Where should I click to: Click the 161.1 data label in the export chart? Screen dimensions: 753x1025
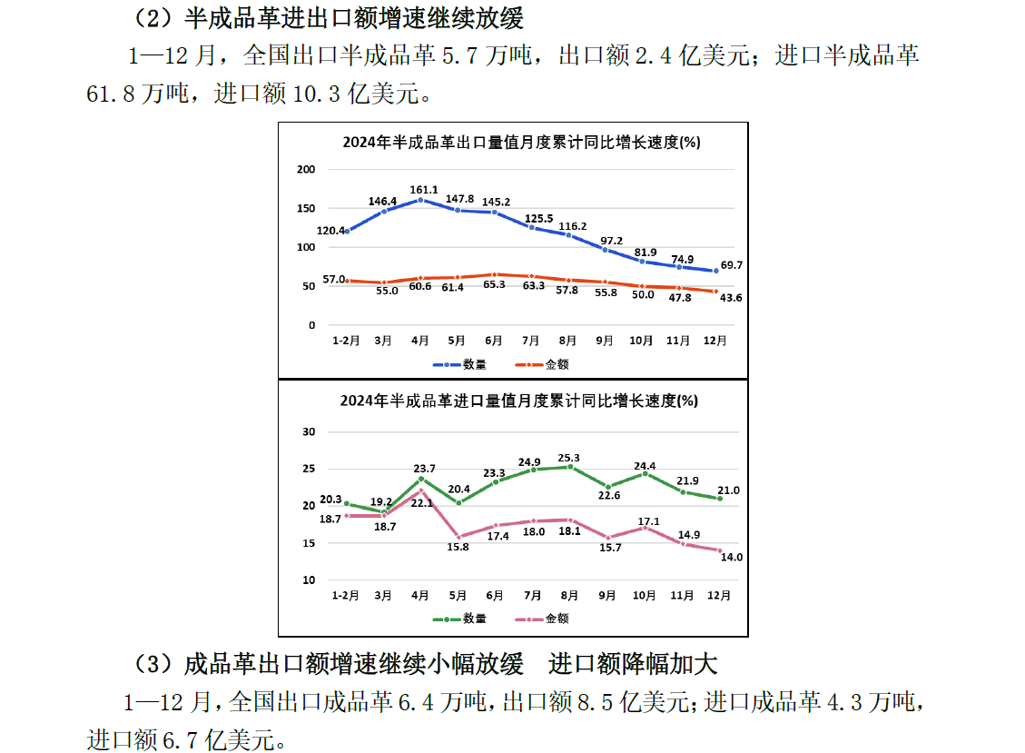[423, 190]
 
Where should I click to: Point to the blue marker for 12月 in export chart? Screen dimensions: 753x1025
[716, 271]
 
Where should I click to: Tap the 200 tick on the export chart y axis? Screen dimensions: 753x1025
[306, 170]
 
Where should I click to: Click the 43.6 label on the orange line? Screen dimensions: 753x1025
[731, 298]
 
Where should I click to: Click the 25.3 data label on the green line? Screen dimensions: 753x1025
[570, 458]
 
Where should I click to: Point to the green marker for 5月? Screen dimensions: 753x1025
[458, 503]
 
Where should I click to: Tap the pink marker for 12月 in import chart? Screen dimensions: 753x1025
[720, 550]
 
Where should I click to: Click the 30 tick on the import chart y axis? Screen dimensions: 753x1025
[308, 432]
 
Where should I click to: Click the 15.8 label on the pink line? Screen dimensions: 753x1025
[459, 547]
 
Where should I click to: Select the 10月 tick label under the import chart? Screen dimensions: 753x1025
[644, 596]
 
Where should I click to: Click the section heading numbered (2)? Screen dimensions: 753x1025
[329, 17]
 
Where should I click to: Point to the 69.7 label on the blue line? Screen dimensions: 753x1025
[731, 264]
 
